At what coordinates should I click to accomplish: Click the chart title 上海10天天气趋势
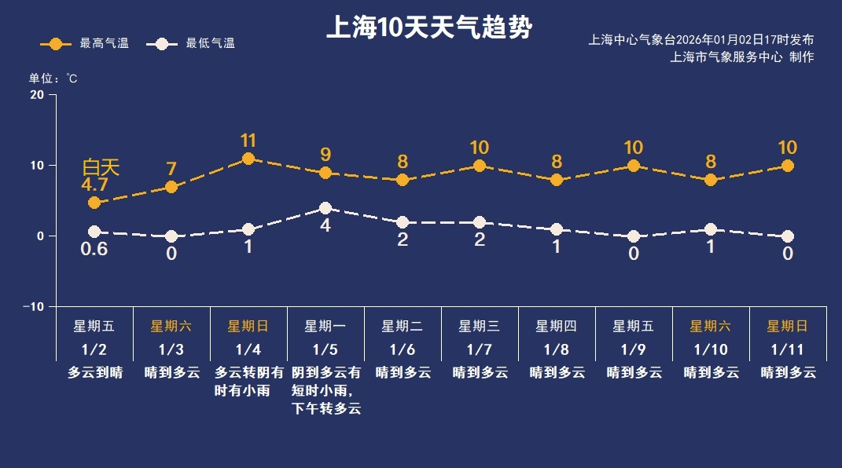(429, 29)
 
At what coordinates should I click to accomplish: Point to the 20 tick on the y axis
(37, 95)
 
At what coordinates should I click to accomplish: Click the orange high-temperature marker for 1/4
(248, 159)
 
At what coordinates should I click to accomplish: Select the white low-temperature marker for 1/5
(325, 208)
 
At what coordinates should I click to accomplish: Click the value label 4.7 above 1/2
(94, 185)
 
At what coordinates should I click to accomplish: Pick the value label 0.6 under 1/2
(94, 250)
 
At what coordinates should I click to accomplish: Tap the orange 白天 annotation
(101, 167)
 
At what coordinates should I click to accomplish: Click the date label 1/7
(480, 349)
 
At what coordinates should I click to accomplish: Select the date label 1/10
(711, 349)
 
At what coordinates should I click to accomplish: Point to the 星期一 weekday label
(325, 326)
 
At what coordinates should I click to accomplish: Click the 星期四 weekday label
(557, 326)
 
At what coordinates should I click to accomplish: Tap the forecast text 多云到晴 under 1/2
(95, 373)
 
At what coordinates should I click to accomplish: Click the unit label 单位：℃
(53, 79)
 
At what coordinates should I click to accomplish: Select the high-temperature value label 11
(248, 141)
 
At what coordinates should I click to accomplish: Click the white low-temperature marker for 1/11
(788, 236)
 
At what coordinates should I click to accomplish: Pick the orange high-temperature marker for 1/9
(634, 166)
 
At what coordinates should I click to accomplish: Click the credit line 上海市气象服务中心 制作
(741, 57)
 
